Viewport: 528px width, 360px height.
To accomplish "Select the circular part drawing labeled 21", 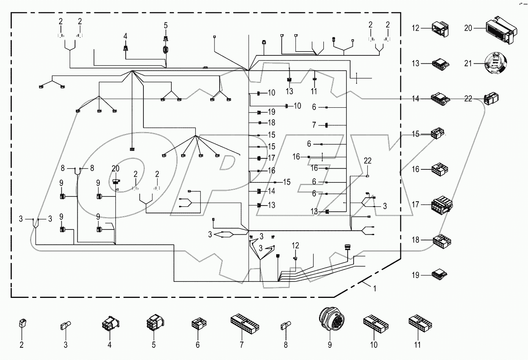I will (494, 63).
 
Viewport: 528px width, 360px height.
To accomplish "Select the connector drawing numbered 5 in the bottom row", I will (153, 324).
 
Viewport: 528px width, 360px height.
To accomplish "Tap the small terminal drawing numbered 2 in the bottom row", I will (22, 325).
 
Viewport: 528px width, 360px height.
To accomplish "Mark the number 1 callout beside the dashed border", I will (374, 288).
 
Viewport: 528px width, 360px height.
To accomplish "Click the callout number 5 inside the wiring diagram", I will (165, 26).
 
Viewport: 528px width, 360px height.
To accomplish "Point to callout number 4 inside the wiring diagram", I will (125, 36).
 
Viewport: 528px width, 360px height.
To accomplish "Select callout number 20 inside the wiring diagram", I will (115, 168).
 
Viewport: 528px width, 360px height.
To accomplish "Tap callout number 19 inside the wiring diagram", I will (271, 112).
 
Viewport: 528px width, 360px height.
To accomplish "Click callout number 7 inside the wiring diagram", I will (314, 125).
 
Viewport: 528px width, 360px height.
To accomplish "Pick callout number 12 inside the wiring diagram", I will (295, 246).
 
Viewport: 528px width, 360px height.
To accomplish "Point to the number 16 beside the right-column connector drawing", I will (416, 169).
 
